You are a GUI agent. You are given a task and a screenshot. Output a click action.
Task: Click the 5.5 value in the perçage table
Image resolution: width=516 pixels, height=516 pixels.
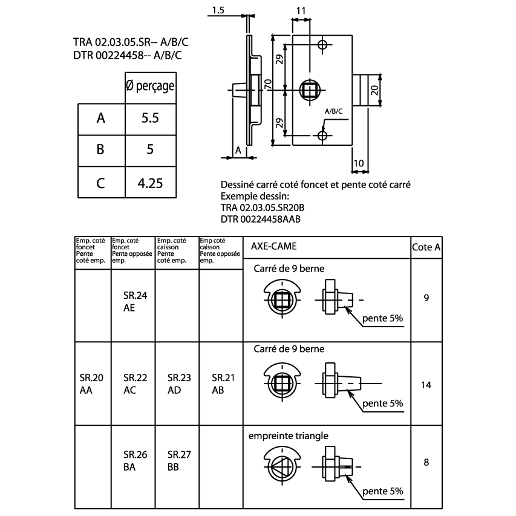point(150,118)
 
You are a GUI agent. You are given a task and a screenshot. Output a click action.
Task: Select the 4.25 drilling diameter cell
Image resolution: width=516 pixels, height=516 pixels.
point(150,183)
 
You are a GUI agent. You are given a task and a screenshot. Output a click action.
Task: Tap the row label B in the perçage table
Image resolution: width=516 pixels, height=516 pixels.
point(100,149)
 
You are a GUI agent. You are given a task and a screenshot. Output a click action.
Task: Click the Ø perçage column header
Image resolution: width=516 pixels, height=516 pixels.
point(150,86)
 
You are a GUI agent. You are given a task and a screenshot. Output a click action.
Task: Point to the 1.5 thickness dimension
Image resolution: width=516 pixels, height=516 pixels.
point(218,10)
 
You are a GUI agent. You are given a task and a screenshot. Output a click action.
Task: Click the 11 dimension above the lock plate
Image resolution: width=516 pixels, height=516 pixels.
point(301,11)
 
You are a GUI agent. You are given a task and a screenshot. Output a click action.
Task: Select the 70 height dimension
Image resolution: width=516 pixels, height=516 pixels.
point(268,84)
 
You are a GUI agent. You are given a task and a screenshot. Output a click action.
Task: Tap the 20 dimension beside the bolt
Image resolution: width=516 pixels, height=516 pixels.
point(374,90)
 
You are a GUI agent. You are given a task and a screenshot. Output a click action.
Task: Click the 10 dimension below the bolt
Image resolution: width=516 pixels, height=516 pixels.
point(359,163)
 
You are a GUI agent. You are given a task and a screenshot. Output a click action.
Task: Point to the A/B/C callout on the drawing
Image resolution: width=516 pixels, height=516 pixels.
point(334,111)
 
